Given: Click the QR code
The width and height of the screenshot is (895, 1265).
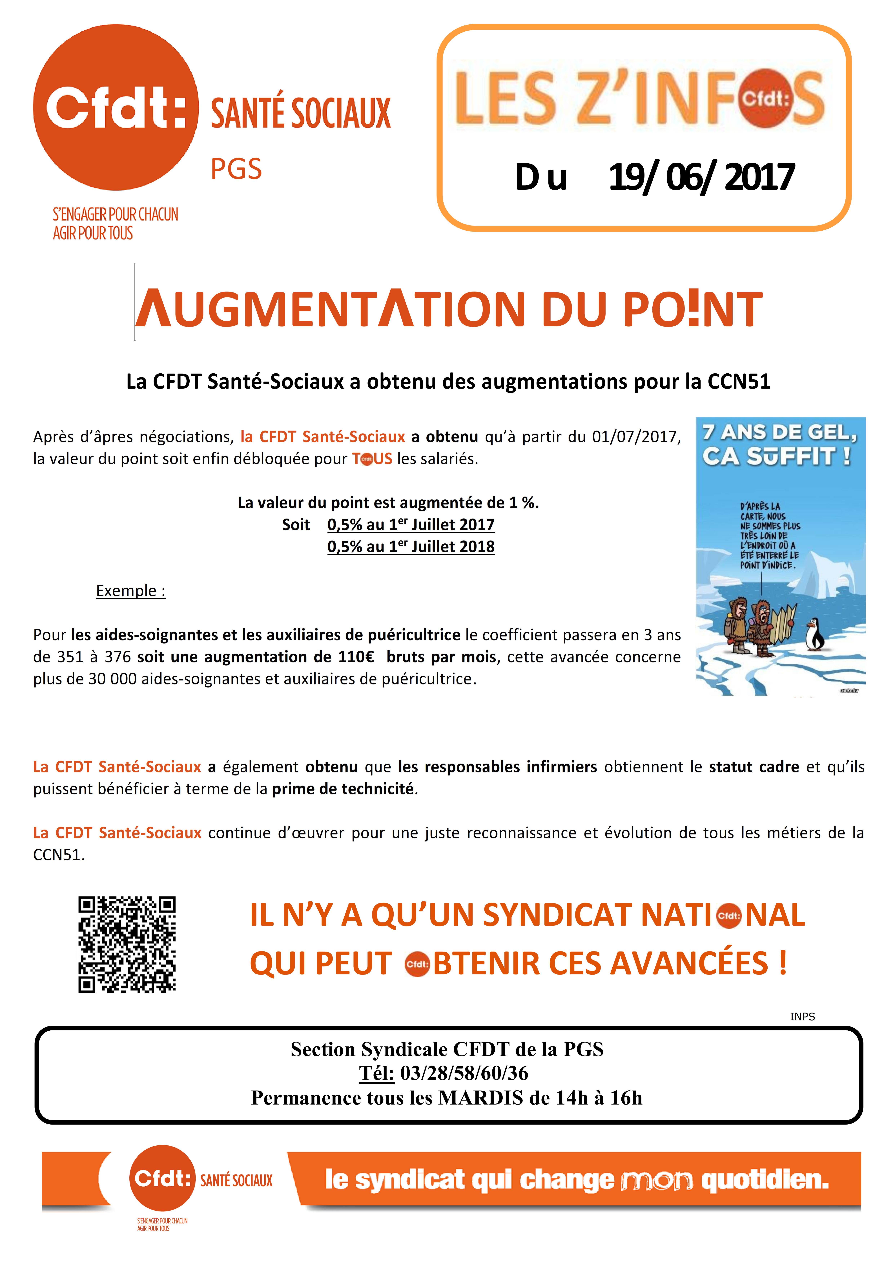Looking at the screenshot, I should (127, 944).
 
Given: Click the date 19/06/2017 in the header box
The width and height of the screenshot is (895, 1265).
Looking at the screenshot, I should (701, 177).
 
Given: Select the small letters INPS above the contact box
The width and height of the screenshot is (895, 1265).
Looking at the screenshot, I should (802, 1016).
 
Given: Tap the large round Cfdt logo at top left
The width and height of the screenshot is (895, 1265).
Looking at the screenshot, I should (116, 107).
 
